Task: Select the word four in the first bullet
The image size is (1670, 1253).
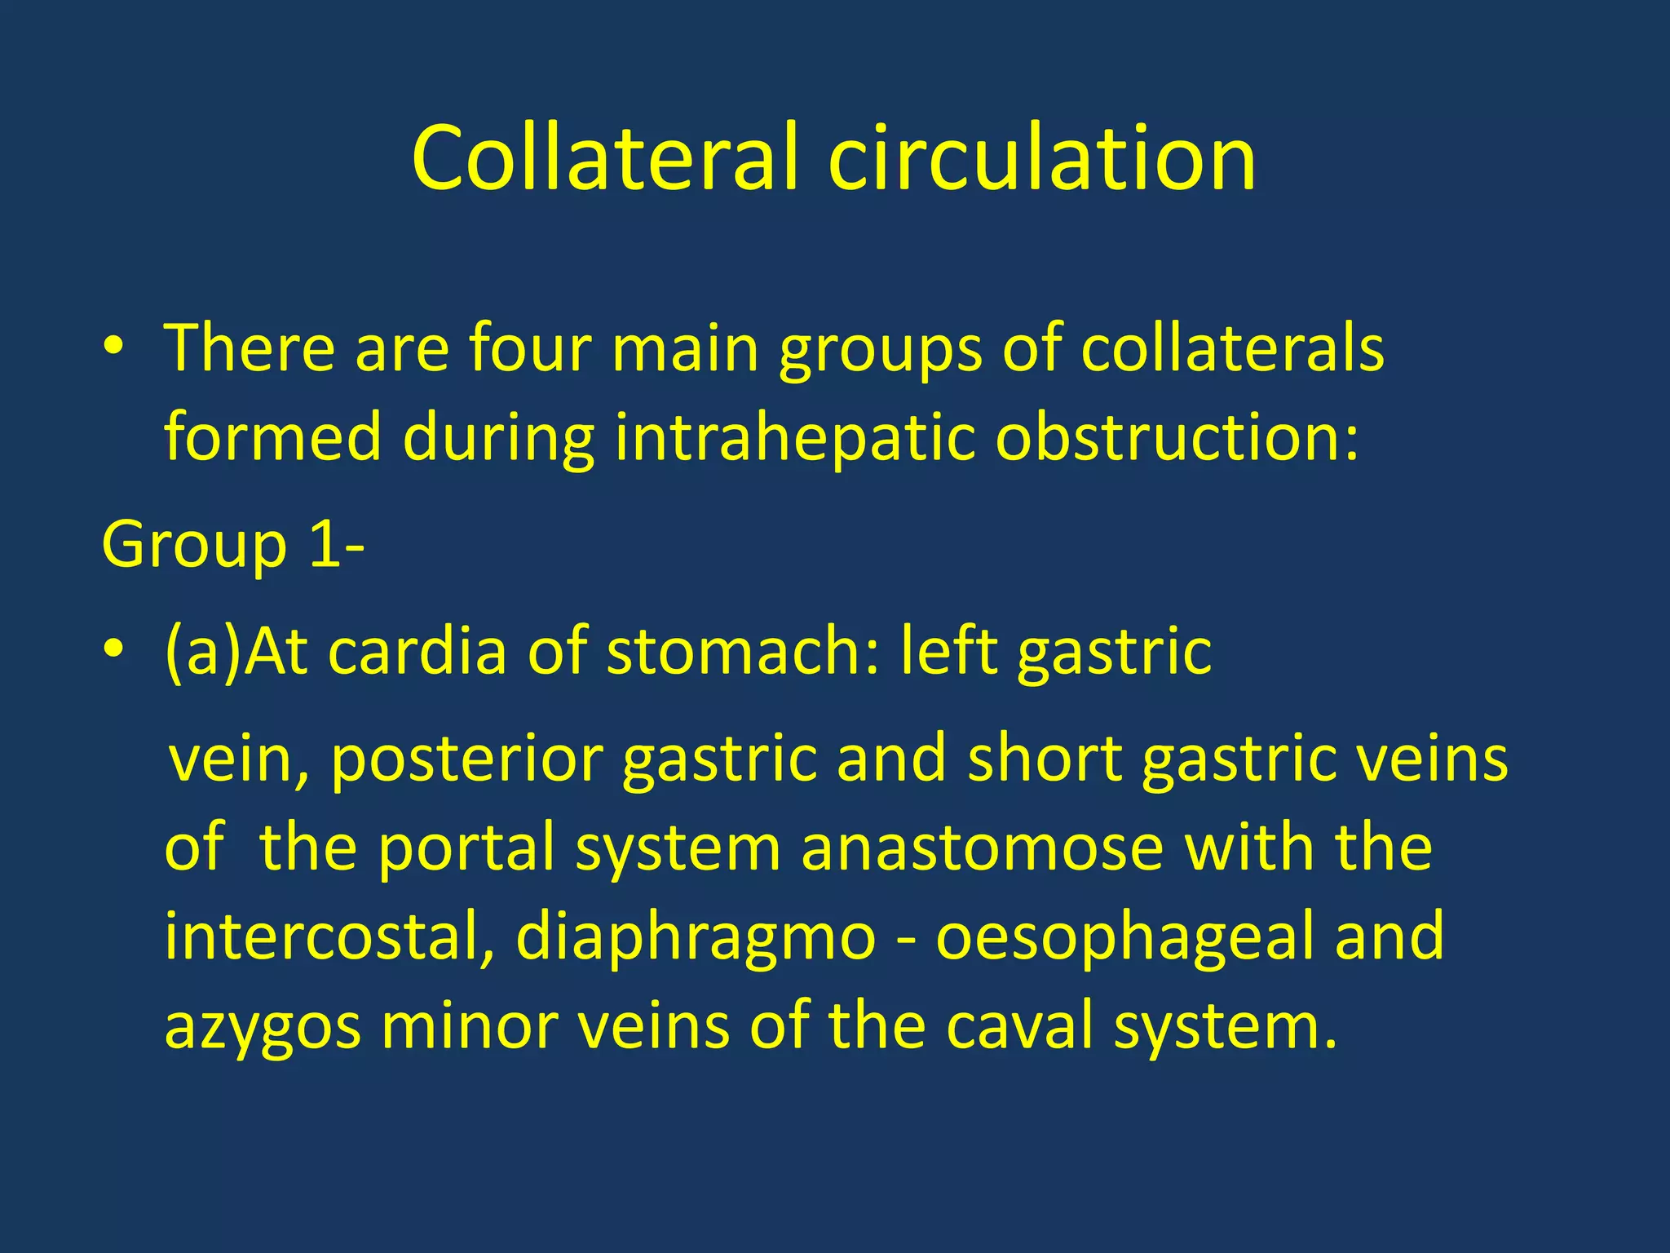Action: [x=530, y=348]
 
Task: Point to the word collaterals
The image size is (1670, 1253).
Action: [x=1231, y=348]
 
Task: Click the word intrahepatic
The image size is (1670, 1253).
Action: [x=795, y=437]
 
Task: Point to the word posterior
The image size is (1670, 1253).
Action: [x=466, y=759]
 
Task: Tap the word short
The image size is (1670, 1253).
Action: [x=1045, y=759]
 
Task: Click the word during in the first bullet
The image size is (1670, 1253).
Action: [x=497, y=437]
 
